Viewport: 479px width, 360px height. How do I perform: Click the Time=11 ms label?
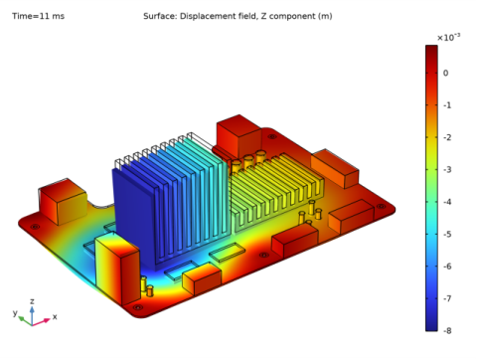38,16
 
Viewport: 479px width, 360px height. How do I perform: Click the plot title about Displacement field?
238,16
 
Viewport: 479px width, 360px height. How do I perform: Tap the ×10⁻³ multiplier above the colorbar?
448,38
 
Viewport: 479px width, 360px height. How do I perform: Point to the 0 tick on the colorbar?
445,73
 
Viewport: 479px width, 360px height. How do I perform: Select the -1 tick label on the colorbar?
447,105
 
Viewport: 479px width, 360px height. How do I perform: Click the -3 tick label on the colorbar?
447,170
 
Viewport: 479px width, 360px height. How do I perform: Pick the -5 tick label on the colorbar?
447,234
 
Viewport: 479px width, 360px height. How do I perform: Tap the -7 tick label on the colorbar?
447,298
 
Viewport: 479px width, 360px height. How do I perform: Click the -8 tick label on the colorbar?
447,330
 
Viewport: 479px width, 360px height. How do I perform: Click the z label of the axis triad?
32,301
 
